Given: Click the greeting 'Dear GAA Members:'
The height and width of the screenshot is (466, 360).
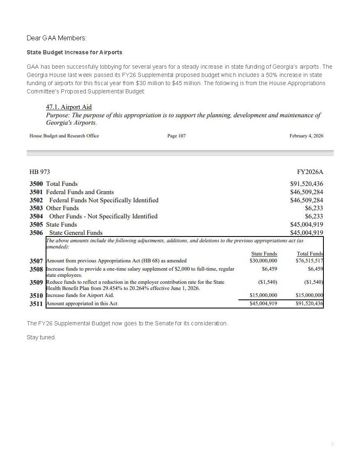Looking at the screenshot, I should pyautogui.click(x=57, y=38).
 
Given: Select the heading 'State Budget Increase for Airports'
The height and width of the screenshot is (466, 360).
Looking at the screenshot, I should pyautogui.click(x=74, y=53).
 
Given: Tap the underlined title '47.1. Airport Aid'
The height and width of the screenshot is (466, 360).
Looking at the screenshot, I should pyautogui.click(x=69, y=107).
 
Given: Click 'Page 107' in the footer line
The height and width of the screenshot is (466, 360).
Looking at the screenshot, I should pyautogui.click(x=176, y=136).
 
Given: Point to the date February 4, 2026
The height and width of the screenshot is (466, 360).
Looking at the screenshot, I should pyautogui.click(x=306, y=136).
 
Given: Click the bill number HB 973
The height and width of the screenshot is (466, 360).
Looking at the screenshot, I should pyautogui.click(x=40, y=172).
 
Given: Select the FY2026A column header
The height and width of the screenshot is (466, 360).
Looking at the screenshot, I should pyautogui.click(x=310, y=172).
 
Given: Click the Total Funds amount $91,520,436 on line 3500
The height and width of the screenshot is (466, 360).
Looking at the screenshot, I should pyautogui.click(x=307, y=184).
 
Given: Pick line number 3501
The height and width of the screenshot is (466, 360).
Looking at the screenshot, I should pyautogui.click(x=36, y=192).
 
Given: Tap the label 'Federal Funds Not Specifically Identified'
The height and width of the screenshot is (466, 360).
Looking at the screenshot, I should pyautogui.click(x=104, y=200).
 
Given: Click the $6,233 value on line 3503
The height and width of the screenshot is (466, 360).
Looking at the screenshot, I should pyautogui.click(x=314, y=208).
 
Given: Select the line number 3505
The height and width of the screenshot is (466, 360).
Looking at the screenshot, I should pyautogui.click(x=36, y=225).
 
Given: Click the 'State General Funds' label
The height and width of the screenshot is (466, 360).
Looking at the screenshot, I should pyautogui.click(x=76, y=233).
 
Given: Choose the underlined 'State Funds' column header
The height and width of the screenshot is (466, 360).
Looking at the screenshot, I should pyautogui.click(x=264, y=254).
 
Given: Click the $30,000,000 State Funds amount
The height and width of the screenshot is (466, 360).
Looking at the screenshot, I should pyautogui.click(x=263, y=261).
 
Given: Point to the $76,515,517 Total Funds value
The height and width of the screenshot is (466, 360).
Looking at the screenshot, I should pyautogui.click(x=309, y=261).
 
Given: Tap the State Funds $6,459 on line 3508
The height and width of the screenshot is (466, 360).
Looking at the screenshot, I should pyautogui.click(x=269, y=269).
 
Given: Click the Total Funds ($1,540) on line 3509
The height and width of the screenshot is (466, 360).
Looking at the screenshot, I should pyautogui.click(x=314, y=282).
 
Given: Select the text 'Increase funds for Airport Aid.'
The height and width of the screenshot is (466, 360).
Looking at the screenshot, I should pyautogui.click(x=80, y=295).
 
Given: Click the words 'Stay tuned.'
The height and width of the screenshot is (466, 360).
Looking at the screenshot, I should pyautogui.click(x=42, y=338).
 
